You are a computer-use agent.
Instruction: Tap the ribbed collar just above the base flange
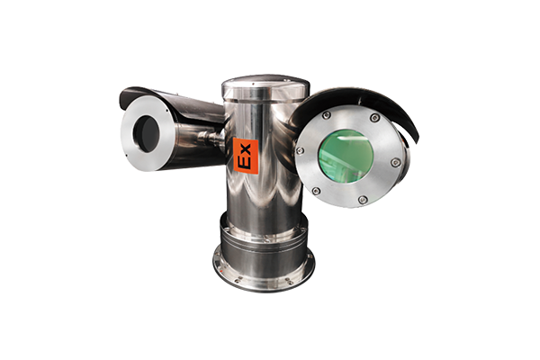pos(264,238)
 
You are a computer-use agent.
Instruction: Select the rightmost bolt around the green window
pos(395,162)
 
